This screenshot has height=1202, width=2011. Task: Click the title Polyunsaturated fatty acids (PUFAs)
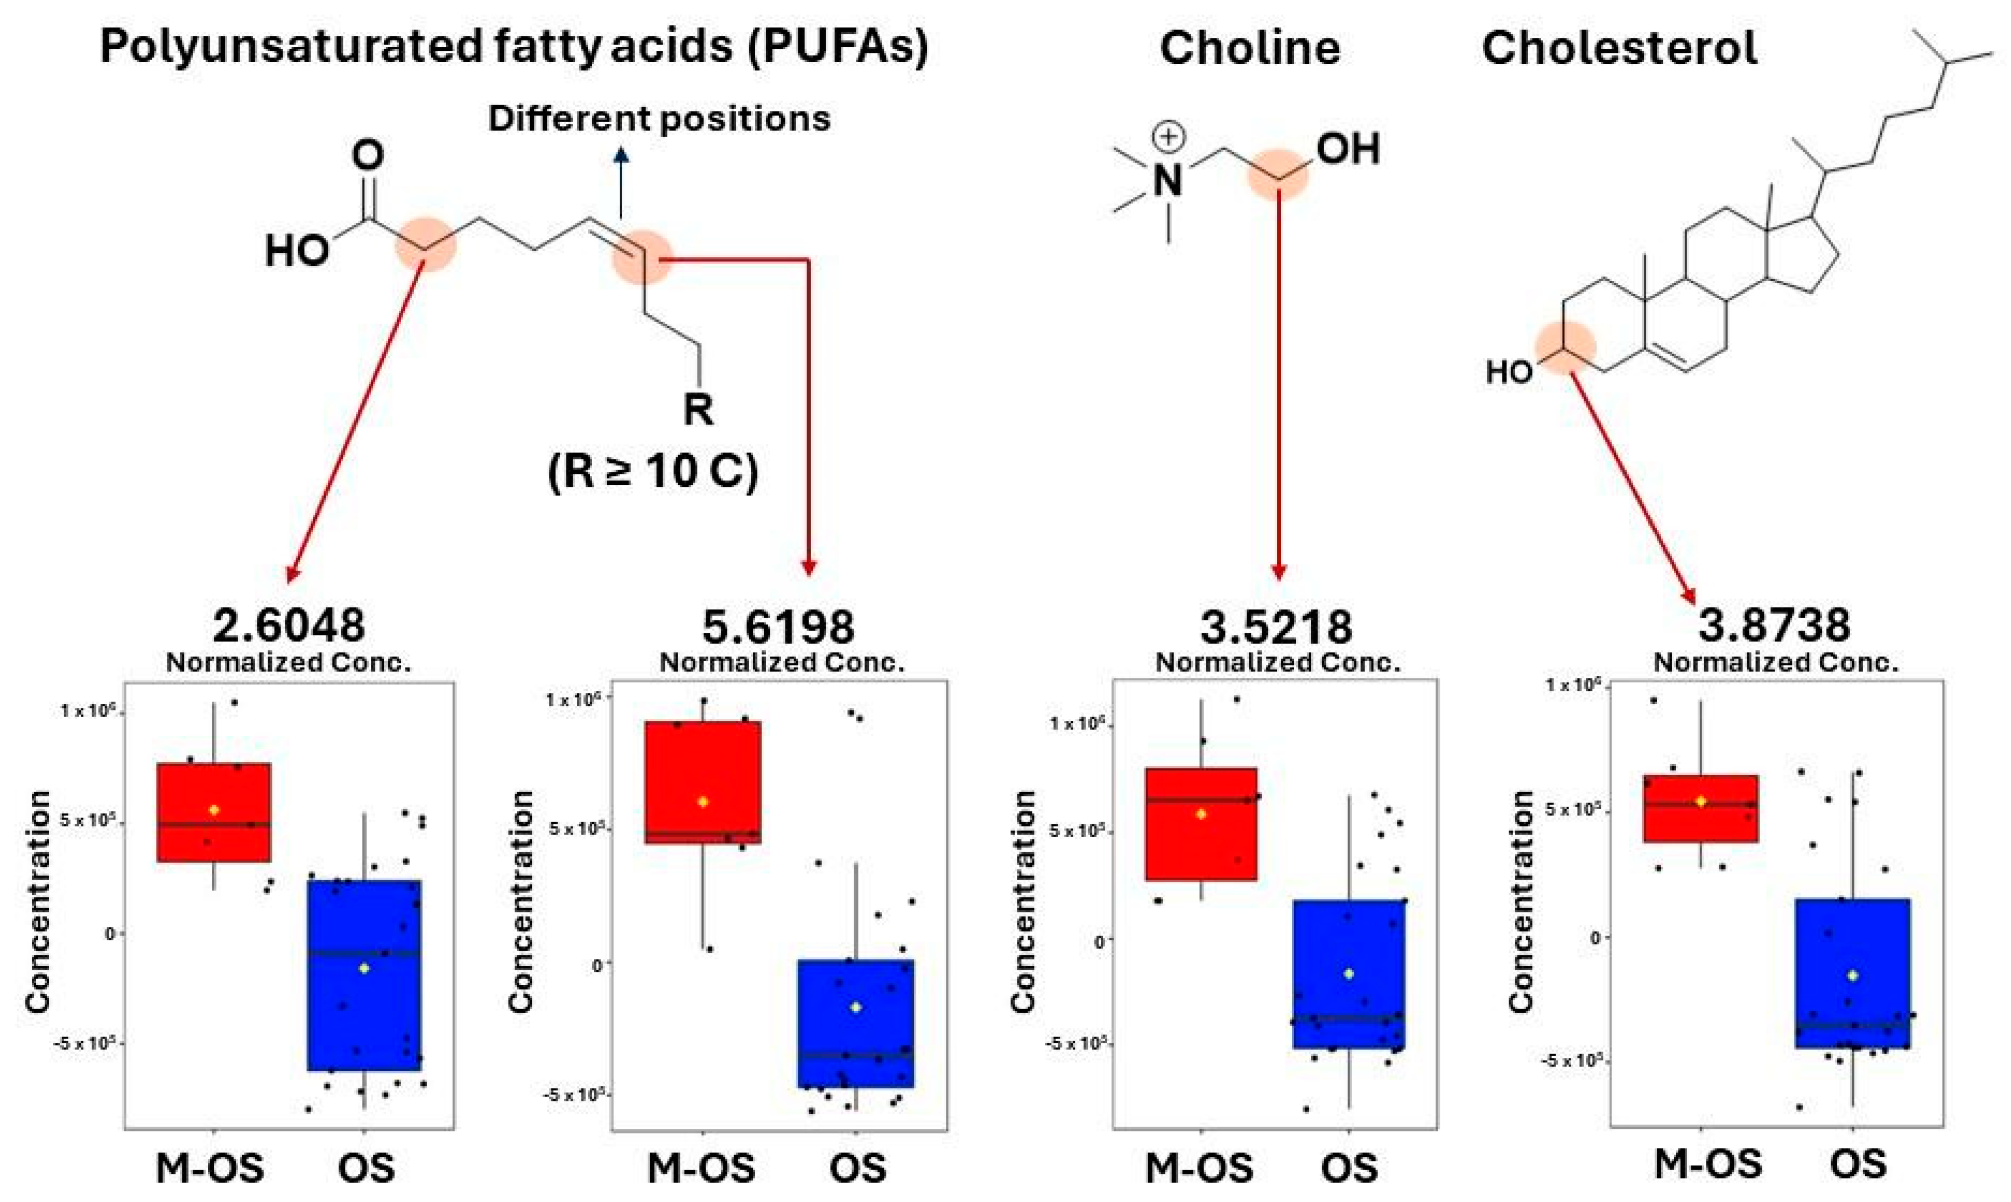click(x=514, y=47)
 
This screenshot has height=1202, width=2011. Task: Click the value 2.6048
click(x=289, y=625)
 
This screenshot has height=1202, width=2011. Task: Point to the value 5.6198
click(x=778, y=625)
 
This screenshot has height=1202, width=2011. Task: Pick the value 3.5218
click(x=1276, y=625)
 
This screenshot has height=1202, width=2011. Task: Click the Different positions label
click(x=659, y=119)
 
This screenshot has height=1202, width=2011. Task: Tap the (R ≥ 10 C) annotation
click(x=653, y=471)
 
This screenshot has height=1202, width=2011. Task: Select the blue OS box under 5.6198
click(x=856, y=1023)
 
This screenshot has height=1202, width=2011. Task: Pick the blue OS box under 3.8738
click(x=1852, y=972)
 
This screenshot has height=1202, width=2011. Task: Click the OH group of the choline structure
click(x=1347, y=150)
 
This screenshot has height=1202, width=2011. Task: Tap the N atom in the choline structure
click(x=1167, y=180)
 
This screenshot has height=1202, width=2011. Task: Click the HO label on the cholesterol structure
click(x=1509, y=372)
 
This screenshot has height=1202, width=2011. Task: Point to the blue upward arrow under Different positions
click(x=621, y=182)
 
